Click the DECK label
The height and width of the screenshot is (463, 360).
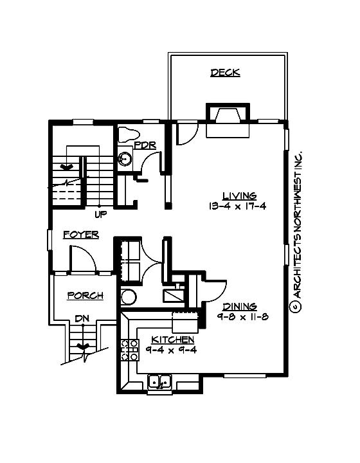(225, 73)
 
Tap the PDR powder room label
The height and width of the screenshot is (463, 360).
(145, 145)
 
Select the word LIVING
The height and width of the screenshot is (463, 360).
(240, 196)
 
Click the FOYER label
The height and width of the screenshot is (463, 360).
(81, 235)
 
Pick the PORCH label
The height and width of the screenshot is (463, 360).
(85, 296)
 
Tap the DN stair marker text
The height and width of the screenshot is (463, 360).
(81, 318)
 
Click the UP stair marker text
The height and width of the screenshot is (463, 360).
(101, 214)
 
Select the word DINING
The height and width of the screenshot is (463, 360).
(240, 307)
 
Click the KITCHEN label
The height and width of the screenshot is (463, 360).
(172, 340)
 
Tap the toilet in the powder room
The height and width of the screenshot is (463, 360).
(129, 134)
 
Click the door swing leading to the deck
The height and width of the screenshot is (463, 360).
(186, 133)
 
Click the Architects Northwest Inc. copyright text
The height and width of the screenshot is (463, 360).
(298, 232)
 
